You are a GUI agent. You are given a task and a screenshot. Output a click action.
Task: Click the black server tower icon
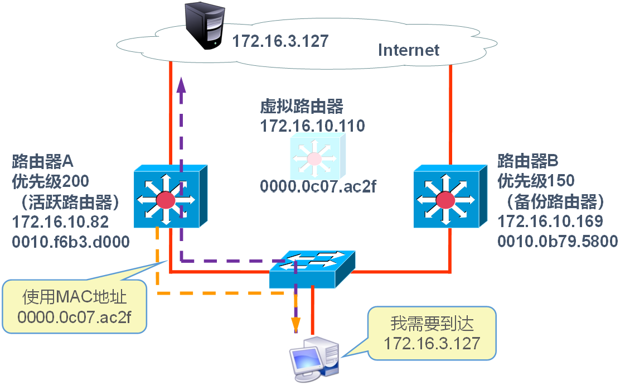205,26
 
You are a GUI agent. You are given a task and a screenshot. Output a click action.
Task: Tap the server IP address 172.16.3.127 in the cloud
280,41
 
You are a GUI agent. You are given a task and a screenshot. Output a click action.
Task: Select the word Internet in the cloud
409,50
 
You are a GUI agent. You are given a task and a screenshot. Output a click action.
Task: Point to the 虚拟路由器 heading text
302,107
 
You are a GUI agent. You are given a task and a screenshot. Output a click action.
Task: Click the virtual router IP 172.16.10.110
313,126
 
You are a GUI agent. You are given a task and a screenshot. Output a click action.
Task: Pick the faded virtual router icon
317,156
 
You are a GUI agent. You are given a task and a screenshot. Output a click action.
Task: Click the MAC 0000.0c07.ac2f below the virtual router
318,186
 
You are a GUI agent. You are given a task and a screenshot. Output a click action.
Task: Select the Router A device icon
171,196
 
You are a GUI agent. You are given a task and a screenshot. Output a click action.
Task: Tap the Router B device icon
450,196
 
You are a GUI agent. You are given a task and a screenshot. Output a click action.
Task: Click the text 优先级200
51,181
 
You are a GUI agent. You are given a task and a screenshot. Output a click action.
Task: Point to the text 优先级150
536,181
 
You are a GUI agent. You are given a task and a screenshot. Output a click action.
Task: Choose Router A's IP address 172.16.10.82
60,222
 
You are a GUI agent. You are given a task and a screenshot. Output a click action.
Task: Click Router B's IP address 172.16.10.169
550,222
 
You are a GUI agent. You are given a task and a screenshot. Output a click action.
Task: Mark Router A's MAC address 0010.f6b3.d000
71,242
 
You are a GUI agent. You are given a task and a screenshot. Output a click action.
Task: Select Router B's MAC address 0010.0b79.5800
558,242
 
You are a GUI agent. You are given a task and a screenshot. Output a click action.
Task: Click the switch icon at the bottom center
312,269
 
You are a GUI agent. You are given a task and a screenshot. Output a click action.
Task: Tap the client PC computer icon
314,359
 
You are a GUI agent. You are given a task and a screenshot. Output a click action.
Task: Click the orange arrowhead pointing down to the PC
295,325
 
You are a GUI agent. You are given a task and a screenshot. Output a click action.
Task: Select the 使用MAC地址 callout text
74,297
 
